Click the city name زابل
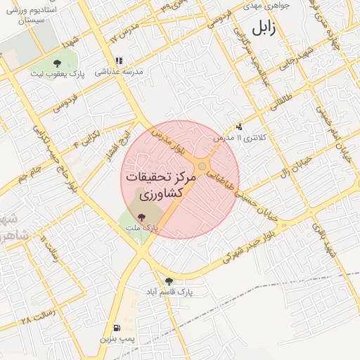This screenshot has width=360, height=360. click(268, 28)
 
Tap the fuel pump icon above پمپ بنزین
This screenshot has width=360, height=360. click(115, 328)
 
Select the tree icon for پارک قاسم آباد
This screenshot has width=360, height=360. click(169, 281)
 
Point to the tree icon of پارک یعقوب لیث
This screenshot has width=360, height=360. click(57, 63)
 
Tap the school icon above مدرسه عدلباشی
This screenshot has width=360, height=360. click(119, 60)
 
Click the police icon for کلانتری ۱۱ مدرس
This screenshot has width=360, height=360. click(240, 127)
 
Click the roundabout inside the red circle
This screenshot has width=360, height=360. click(202, 166)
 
